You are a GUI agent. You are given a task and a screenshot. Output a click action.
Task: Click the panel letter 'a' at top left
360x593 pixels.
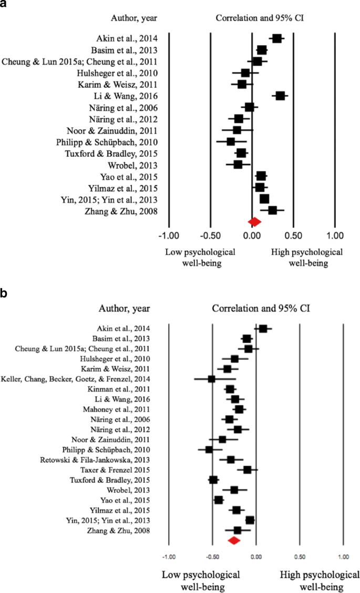point(5,5)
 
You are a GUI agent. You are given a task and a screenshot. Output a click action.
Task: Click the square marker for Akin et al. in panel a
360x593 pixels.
point(276,38)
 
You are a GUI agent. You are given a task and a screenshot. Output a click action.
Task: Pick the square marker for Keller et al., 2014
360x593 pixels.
point(211,379)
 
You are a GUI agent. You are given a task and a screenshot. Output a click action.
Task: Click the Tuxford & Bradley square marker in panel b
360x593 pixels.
point(213,480)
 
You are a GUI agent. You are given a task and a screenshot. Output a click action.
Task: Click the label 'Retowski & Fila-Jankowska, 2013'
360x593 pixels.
point(95,459)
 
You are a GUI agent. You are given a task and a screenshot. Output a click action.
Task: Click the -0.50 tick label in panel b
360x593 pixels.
point(212,556)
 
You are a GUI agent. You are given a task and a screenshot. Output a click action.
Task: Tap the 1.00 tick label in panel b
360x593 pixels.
point(343,556)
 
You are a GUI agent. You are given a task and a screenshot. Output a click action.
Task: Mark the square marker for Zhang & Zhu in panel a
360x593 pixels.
point(272,210)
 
